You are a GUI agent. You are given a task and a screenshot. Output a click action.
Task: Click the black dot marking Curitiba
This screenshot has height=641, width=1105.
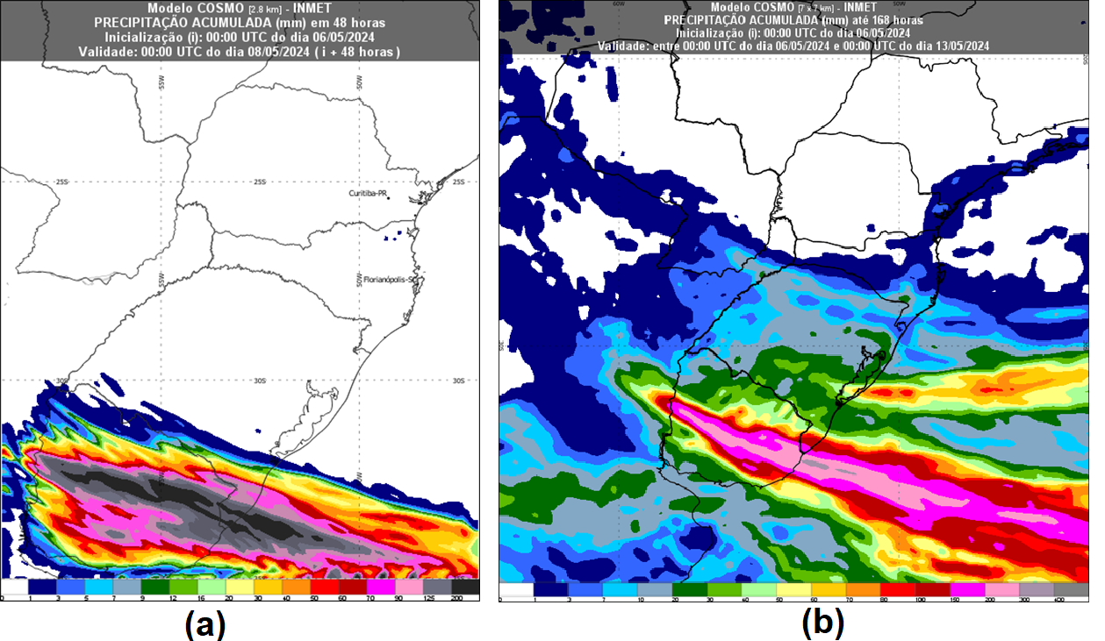tap(413, 199)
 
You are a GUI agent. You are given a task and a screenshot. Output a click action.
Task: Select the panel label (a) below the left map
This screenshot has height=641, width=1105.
tap(206, 624)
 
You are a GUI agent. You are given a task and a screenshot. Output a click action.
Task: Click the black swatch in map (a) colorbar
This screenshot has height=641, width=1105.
tap(465, 587)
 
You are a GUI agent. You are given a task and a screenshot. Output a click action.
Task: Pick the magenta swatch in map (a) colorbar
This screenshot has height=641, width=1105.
tap(381, 587)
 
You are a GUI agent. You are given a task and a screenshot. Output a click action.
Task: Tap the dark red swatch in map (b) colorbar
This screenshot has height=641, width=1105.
tap(933, 589)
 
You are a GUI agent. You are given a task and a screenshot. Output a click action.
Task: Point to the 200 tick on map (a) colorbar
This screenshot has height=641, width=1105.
tap(457, 598)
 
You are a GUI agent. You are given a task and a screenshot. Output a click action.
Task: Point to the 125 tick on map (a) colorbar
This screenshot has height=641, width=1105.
tap(428, 598)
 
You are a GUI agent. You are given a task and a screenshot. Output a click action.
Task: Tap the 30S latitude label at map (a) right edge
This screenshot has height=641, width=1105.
tap(457, 381)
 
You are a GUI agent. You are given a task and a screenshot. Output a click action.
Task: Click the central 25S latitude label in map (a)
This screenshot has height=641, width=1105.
tap(259, 182)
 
